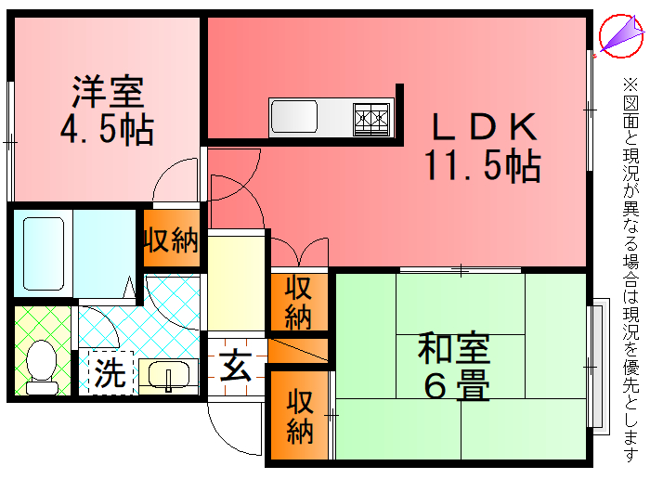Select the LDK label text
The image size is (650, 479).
[x=483, y=126]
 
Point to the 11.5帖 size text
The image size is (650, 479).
[x=483, y=164]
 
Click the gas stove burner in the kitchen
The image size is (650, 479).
[x=372, y=118]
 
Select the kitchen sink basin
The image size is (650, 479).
[x=294, y=118]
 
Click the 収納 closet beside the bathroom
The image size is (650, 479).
[x=171, y=240]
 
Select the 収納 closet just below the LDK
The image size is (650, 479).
[x=298, y=302]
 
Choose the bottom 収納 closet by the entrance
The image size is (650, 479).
[x=298, y=416]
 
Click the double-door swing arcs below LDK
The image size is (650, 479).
[x=298, y=252]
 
